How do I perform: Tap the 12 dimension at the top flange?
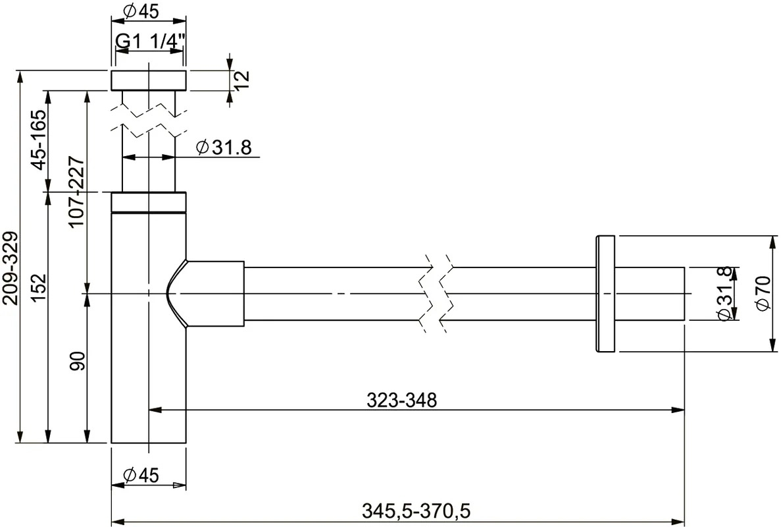[x=241, y=79]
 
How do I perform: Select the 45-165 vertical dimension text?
[x=38, y=140]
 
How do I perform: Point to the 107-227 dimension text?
[x=76, y=192]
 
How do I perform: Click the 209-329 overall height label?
[x=11, y=267]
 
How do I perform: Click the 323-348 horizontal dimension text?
[x=401, y=400]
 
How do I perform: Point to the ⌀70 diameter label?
[x=764, y=294]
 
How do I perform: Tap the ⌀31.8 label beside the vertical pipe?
[x=224, y=147]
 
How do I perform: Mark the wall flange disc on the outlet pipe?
[x=605, y=294]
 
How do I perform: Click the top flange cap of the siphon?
[x=149, y=80]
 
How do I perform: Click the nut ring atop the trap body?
[x=149, y=202]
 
